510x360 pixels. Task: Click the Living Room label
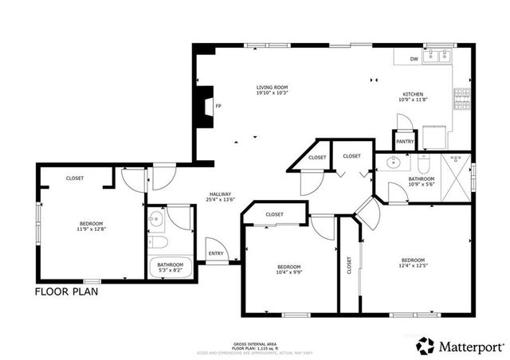[x=272, y=88]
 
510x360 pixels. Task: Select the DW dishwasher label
[x=414, y=60]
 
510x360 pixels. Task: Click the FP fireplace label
[x=218, y=106]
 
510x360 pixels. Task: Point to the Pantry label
[x=405, y=142]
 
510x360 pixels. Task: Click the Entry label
[x=216, y=254]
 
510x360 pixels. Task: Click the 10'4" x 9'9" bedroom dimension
[x=288, y=272]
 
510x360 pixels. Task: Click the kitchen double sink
[x=437, y=57]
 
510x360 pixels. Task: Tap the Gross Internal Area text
[x=254, y=340]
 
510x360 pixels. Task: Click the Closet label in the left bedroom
[x=76, y=178]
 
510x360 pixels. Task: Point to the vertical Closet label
[x=349, y=264]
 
